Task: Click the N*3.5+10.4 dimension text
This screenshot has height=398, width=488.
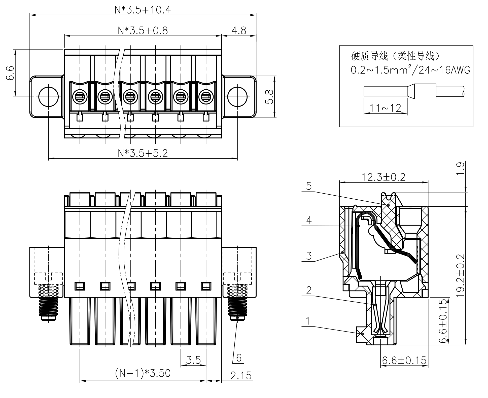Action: [x=143, y=10]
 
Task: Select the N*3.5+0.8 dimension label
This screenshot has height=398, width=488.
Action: [x=143, y=31]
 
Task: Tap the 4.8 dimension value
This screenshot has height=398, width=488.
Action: [x=239, y=31]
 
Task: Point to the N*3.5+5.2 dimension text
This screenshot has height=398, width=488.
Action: [x=143, y=153]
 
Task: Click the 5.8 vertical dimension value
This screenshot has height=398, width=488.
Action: [x=269, y=97]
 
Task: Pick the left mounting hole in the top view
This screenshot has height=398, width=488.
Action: [x=48, y=97]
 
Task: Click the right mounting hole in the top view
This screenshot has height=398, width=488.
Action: [x=237, y=97]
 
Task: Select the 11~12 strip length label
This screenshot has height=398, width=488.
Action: [x=385, y=108]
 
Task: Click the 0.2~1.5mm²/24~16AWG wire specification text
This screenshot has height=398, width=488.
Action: [x=410, y=70]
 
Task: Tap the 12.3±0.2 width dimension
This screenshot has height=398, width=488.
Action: [x=384, y=177]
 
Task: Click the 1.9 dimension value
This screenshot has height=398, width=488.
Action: [x=460, y=169]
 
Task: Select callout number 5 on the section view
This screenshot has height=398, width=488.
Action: [x=309, y=186]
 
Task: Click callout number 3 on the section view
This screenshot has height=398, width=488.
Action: [x=309, y=256]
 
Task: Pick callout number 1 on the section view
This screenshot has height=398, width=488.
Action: [x=308, y=321]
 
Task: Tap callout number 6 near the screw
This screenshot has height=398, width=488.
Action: [x=239, y=357]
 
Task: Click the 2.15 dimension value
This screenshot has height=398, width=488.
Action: [x=241, y=376]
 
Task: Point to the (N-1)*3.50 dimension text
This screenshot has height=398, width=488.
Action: [x=143, y=373]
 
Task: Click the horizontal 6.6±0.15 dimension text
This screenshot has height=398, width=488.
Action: [x=404, y=360]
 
